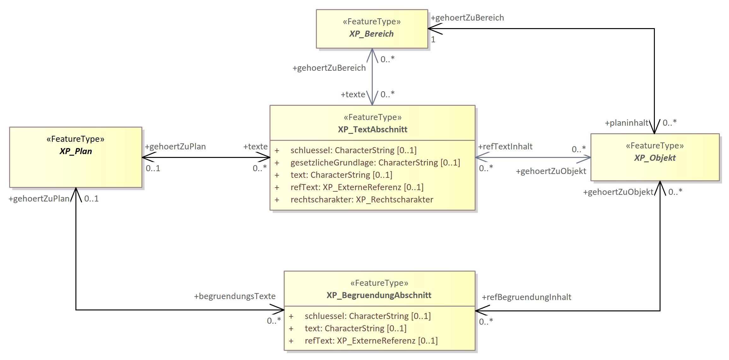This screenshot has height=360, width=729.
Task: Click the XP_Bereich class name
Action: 371,34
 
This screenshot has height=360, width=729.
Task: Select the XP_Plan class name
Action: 76,151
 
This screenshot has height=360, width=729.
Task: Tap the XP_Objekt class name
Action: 655,158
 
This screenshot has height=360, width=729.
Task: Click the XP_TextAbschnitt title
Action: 372,129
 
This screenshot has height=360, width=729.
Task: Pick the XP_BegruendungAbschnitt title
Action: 379,295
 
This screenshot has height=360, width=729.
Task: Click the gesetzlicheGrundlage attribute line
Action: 375,163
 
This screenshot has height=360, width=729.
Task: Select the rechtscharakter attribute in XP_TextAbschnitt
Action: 362,200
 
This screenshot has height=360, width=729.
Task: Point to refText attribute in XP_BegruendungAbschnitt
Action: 371,341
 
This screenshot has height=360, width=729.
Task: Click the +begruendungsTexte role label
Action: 235,296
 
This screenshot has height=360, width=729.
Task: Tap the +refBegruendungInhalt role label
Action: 526,297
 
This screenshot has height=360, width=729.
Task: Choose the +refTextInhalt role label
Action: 505,147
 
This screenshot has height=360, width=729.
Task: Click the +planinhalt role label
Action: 626,123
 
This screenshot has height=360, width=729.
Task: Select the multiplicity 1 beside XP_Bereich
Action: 433,40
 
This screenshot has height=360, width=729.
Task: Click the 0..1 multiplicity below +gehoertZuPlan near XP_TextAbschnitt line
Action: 153,168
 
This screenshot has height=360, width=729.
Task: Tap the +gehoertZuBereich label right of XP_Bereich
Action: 467,18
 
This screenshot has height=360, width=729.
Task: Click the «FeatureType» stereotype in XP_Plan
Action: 75,139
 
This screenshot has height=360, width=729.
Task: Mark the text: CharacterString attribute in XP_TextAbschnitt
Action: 341,175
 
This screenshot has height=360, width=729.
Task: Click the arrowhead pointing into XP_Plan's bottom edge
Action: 76,191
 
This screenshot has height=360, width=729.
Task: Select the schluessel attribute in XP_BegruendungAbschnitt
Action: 367,316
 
